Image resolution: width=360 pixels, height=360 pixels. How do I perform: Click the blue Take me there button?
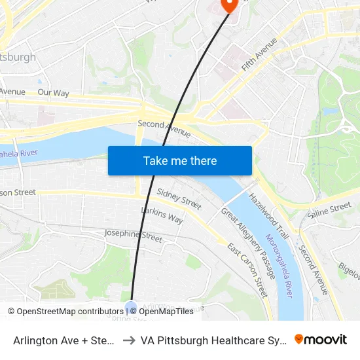tap(180, 160)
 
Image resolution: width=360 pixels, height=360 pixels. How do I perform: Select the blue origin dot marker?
tap(131, 306)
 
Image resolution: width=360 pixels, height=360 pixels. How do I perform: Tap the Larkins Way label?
tap(162, 215)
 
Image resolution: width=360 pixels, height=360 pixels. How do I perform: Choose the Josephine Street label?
tap(133, 236)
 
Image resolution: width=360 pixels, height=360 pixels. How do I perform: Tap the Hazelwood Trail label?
tap(268, 214)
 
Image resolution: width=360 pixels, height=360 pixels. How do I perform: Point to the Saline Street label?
tap(329, 210)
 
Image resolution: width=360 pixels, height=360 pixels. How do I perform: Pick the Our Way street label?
tap(53, 93)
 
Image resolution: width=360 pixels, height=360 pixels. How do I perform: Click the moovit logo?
tap(321, 339)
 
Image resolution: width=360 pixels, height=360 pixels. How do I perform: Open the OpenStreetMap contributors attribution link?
tap(65, 312)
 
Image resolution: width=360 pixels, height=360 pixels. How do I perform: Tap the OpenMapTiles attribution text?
tap(166, 312)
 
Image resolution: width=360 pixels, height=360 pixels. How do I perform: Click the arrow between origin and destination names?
tap(129, 340)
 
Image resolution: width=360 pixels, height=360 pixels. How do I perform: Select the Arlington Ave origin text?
tap(65, 340)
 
